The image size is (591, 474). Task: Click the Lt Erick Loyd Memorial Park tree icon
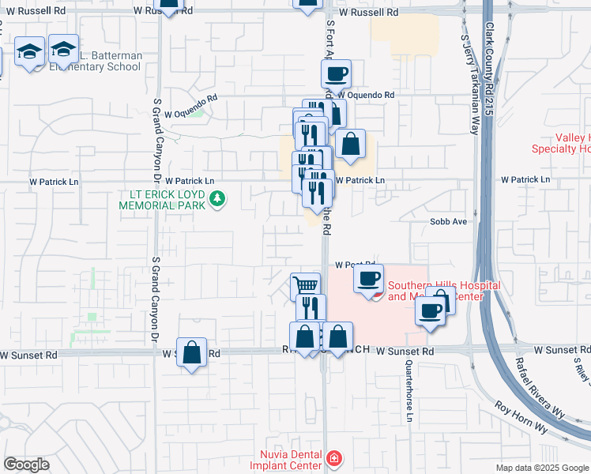pyautogui.click(x=216, y=197)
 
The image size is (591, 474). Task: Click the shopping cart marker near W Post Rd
pyautogui.click(x=305, y=285)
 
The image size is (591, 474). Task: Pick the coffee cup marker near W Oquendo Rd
pyautogui.click(x=336, y=75)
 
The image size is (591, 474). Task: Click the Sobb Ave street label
pyautogui.click(x=449, y=222)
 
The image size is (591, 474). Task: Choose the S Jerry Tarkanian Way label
pyautogui.click(x=469, y=83)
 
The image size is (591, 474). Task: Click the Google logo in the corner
pyautogui.click(x=26, y=465)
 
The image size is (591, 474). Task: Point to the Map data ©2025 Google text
pyautogui.click(x=542, y=468)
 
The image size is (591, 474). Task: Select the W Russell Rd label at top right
pyautogui.click(x=366, y=13)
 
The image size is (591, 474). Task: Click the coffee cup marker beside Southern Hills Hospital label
pyautogui.click(x=368, y=279)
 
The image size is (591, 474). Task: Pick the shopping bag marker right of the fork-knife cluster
pyautogui.click(x=350, y=144)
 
